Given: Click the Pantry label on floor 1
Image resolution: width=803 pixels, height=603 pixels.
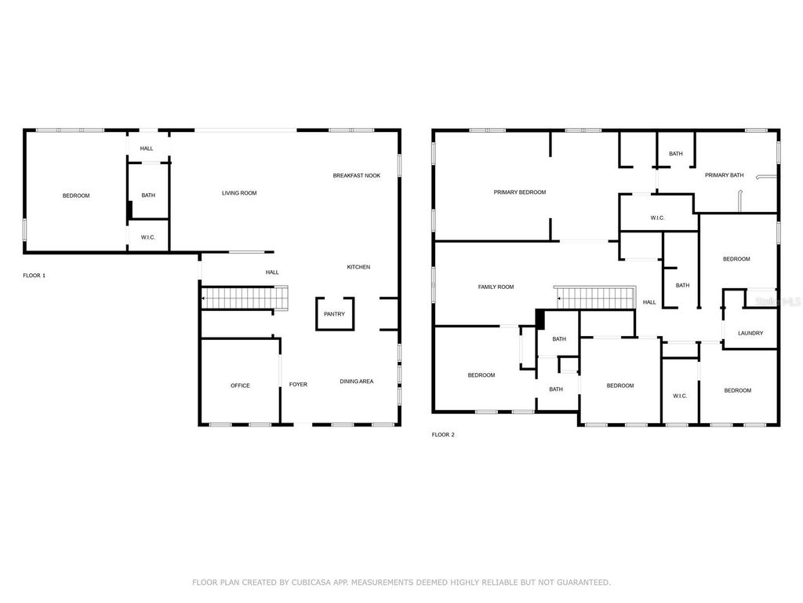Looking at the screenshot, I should pyautogui.click(x=334, y=314).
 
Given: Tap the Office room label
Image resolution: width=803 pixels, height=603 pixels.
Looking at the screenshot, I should pyautogui.click(x=240, y=386).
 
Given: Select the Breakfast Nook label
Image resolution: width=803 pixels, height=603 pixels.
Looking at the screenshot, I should pyautogui.click(x=356, y=176).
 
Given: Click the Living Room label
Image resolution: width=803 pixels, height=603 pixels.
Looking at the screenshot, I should pyautogui.click(x=239, y=193).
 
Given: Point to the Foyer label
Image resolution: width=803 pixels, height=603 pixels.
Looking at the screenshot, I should pyautogui.click(x=298, y=385).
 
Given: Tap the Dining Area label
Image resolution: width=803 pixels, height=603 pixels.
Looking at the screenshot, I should pyautogui.click(x=356, y=382).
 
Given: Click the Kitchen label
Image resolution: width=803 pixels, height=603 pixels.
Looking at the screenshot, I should pyautogui.click(x=358, y=268).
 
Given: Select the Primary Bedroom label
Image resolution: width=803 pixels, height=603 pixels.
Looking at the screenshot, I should pyautogui.click(x=519, y=192).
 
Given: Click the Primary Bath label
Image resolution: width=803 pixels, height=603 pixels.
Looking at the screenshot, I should pyautogui.click(x=724, y=175).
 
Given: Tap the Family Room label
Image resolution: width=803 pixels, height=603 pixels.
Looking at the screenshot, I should pyautogui.click(x=496, y=287).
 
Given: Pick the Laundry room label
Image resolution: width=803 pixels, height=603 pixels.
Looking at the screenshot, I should pyautogui.click(x=750, y=334).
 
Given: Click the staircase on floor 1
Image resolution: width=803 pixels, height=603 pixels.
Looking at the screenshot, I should pyautogui.click(x=243, y=299).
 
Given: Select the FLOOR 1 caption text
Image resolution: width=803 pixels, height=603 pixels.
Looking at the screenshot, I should pyautogui.click(x=35, y=276).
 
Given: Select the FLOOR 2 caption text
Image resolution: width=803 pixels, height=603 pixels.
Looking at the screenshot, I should pyautogui.click(x=443, y=434).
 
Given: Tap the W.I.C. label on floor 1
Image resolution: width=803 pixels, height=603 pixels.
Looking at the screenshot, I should pyautogui.click(x=148, y=238).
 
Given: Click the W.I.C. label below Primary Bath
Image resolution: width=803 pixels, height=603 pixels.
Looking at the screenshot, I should pyautogui.click(x=657, y=217).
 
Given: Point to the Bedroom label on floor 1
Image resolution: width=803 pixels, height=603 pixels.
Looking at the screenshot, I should pyautogui.click(x=76, y=196).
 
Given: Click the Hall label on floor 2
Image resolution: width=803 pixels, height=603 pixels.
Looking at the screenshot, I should pyautogui.click(x=649, y=302).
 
